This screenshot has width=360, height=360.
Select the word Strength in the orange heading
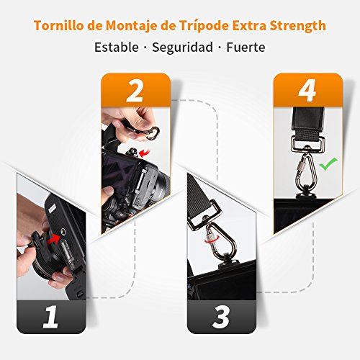(x=298, y=26)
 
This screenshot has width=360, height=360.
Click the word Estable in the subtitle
(x=117, y=47)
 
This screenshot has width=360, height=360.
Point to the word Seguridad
(x=183, y=48)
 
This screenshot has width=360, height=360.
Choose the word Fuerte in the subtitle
(x=246, y=48)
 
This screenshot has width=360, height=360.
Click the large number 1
(x=50, y=317)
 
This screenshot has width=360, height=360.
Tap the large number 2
(x=135, y=91)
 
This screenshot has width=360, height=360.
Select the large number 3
(x=221, y=318)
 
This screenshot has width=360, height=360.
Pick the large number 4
(x=307, y=91)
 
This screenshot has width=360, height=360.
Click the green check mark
(x=328, y=164)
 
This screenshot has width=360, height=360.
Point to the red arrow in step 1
(x=54, y=239)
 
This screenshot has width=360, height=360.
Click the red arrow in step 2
(x=145, y=153)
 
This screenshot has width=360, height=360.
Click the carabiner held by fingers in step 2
(x=152, y=132)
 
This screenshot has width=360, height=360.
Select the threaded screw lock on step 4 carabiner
(x=301, y=165)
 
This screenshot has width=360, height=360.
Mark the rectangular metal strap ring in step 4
(x=308, y=144)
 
